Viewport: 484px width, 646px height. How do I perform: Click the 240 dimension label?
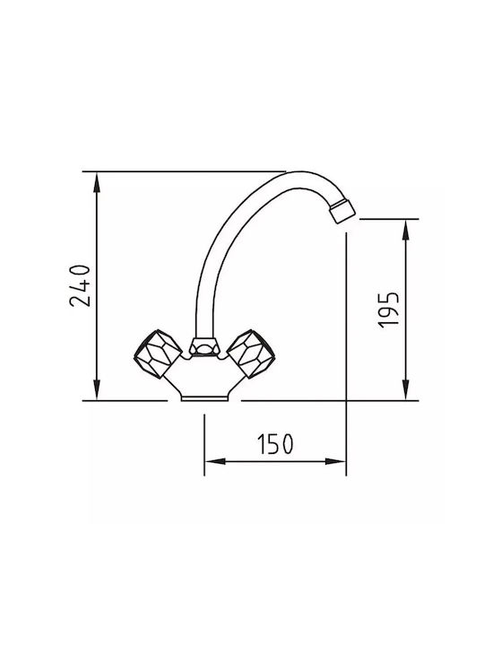point(80,286)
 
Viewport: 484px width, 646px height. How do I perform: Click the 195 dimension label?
point(388,310)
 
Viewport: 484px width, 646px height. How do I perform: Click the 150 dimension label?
point(275,444)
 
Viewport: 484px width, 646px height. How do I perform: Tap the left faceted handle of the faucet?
point(158,354)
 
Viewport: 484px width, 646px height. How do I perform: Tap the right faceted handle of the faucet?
point(251,354)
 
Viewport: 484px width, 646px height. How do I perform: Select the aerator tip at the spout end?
point(342,210)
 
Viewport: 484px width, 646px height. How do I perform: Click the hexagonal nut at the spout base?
point(204,346)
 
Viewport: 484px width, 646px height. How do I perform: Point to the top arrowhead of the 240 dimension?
point(97,182)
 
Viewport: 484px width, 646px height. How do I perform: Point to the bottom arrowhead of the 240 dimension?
point(97,389)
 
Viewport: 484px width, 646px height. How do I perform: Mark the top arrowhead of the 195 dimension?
point(406,230)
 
